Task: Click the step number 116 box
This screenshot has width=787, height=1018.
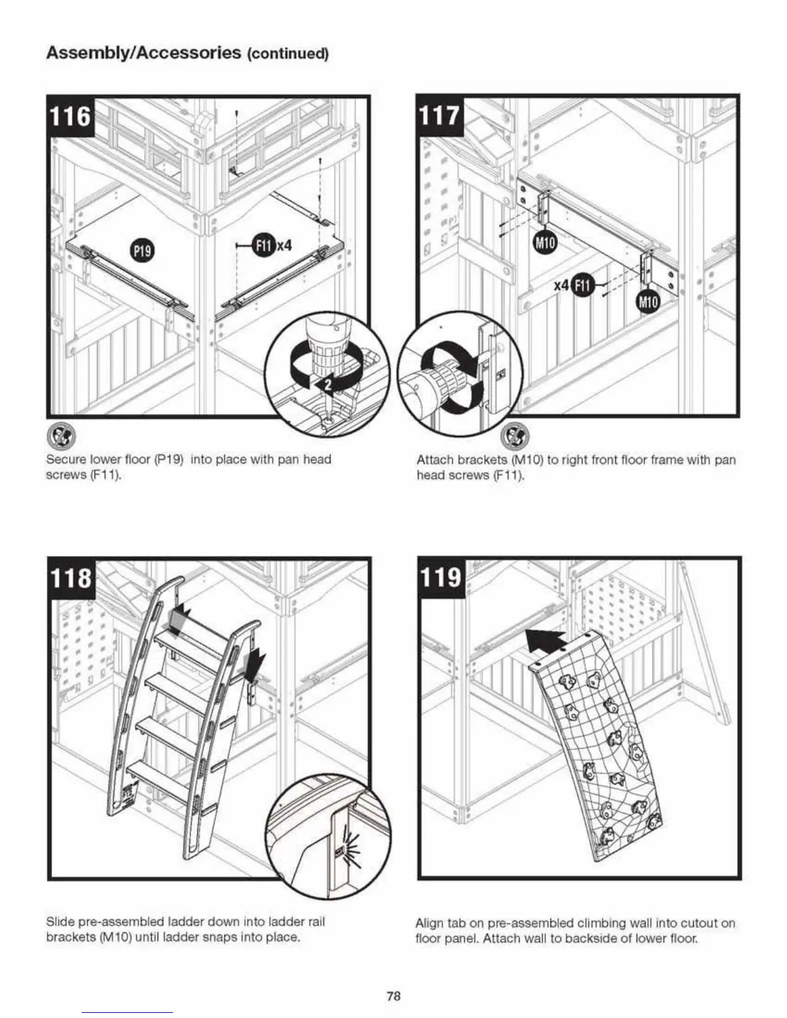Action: [x=71, y=117]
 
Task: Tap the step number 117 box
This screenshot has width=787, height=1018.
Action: [x=440, y=116]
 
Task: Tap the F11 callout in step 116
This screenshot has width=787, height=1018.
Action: [x=263, y=245]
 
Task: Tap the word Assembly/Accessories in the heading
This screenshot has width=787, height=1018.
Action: [x=143, y=53]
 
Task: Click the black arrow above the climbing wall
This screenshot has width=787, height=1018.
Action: [x=545, y=643]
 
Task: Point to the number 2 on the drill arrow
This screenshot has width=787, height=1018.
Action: [x=327, y=384]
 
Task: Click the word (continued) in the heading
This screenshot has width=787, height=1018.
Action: [x=288, y=54]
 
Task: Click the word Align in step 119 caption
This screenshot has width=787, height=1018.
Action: [x=430, y=924]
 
